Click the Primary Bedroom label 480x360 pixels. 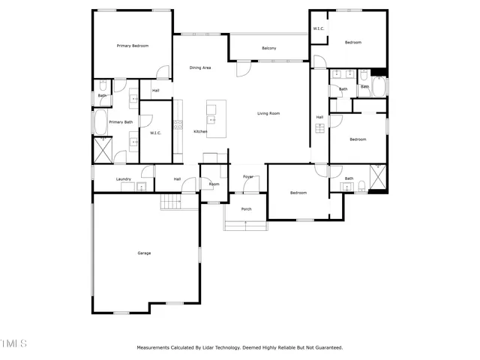(133, 46)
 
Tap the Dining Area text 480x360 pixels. (200, 67)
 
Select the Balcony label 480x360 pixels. (269, 49)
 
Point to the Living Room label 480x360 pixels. (268, 113)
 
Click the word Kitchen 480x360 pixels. (200, 132)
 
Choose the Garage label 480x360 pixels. (144, 253)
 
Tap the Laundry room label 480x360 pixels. (124, 179)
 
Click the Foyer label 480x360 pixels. (248, 177)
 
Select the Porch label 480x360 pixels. (246, 209)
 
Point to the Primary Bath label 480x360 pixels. (121, 121)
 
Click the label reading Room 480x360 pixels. (214, 184)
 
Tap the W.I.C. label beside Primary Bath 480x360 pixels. (156, 133)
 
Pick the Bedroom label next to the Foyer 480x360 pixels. (298, 193)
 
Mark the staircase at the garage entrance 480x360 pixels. (172, 201)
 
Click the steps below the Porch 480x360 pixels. (246, 226)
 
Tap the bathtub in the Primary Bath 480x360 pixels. (99, 121)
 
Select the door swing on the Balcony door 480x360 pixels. (242, 69)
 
